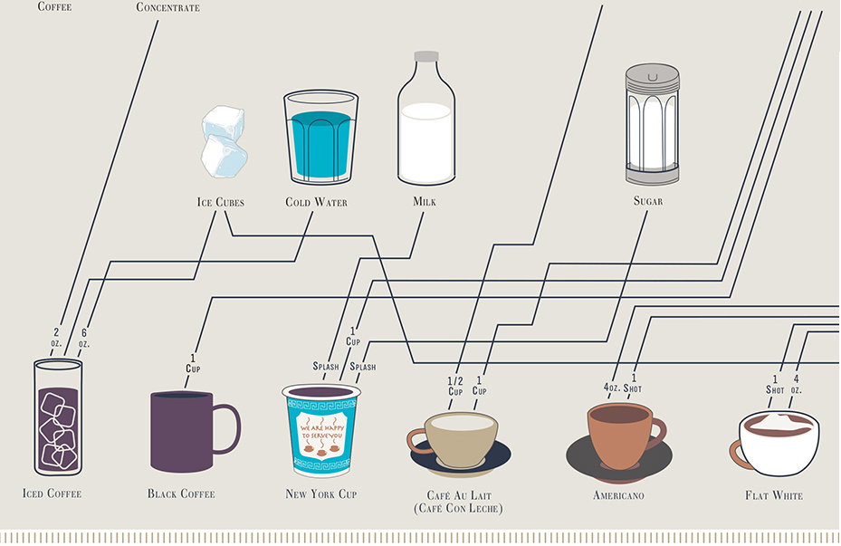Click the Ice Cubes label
[x=221, y=202]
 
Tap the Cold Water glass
[x=317, y=138]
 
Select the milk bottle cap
[x=426, y=56]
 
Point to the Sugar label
[x=648, y=201]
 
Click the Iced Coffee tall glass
[x=57, y=417]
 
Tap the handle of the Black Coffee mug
[x=227, y=429]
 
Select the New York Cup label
[x=321, y=494]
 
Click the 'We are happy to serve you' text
[x=321, y=428]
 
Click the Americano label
[x=618, y=495]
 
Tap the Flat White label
[x=774, y=495]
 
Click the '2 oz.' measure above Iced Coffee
[x=56, y=338]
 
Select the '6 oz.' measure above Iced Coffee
[x=84, y=338]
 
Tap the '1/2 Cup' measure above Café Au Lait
[x=455, y=386]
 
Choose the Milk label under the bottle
[x=425, y=202]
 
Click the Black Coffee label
[x=181, y=494]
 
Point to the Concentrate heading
[x=167, y=7]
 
